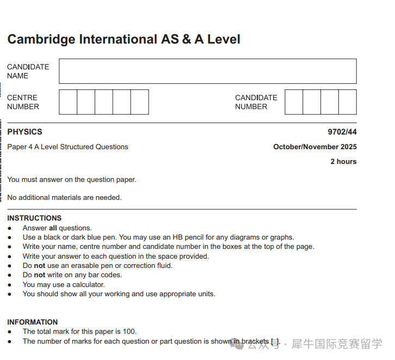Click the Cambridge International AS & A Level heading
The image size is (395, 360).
(124, 39)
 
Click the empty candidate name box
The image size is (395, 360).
(207, 71)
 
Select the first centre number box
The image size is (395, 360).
(68, 102)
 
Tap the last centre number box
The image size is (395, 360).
(139, 102)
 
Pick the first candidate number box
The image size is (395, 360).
(294, 102)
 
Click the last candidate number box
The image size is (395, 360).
(347, 102)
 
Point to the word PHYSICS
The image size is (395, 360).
(24, 132)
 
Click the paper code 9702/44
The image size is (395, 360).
(342, 132)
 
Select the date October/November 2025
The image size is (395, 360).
(315, 147)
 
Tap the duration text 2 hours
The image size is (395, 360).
(343, 162)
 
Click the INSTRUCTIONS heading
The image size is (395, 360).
(34, 218)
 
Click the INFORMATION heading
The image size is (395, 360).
(32, 322)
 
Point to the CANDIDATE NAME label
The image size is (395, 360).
(28, 71)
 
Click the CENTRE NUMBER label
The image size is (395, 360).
(23, 102)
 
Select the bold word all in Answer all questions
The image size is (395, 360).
(53, 228)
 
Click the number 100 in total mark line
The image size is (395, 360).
(129, 332)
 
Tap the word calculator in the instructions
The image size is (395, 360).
(88, 285)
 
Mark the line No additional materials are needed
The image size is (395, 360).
(64, 198)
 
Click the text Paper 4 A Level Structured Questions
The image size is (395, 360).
(67, 147)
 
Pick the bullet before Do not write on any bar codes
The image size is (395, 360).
(10, 276)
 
